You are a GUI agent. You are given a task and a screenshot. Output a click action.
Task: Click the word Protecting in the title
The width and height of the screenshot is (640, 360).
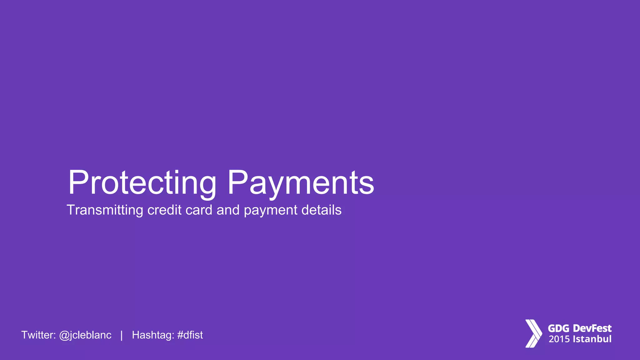[142, 183]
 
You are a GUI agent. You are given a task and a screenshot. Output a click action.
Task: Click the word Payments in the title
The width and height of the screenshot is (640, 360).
[301, 183]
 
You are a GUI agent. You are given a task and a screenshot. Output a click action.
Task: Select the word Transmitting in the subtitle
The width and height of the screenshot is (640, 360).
[105, 210]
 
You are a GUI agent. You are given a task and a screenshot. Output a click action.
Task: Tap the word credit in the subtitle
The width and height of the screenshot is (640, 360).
[164, 210]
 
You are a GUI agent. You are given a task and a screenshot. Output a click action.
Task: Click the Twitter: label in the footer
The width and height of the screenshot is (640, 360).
[38, 335]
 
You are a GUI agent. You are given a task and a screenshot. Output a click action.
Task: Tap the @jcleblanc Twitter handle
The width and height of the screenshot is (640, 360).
[85, 335]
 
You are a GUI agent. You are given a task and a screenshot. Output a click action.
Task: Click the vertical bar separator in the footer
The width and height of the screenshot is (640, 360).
[122, 335]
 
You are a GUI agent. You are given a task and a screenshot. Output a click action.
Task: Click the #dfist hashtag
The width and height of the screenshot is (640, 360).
[190, 335]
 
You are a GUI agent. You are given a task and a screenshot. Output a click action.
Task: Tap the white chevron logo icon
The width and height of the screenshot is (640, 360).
[533, 333]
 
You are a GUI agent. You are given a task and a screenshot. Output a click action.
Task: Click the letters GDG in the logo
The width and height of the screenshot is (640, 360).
[559, 328]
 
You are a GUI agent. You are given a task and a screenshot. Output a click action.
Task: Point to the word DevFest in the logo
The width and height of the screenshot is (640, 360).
[592, 328]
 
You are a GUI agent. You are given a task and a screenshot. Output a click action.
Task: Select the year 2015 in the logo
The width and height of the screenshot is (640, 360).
[559, 339]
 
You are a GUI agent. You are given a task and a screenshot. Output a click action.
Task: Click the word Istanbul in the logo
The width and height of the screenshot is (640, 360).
[592, 339]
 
